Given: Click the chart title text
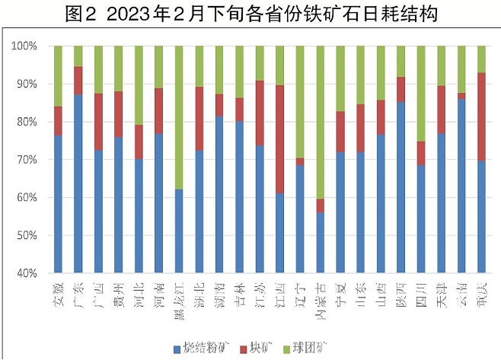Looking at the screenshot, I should click(250, 13).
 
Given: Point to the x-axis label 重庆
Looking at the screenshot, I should click(482, 290).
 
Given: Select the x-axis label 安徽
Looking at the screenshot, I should click(58, 290).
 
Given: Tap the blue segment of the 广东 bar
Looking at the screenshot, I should click(78, 183).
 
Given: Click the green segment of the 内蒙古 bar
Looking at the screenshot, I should click(321, 122).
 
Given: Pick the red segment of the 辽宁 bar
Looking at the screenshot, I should click(301, 161).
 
